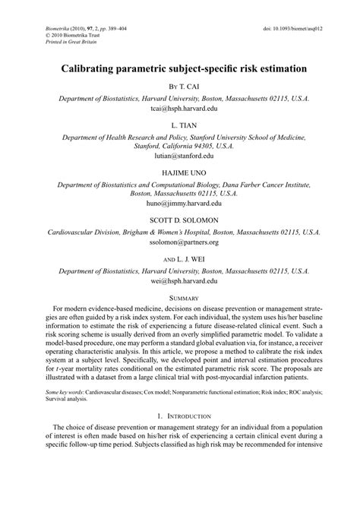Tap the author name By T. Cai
coord(180,87)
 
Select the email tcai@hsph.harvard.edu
coord(180,109)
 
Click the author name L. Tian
coord(180,123)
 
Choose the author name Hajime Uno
coord(180,171)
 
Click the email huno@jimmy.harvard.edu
coord(180,204)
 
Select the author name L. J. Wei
coord(180,258)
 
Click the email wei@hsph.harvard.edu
coord(180,280)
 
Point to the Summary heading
coord(180,297)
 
